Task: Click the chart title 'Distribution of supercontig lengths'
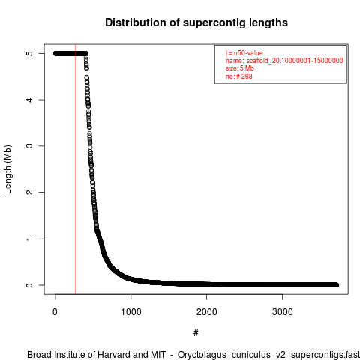point(196,22)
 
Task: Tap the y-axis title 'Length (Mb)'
point(7,169)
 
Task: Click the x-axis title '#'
point(196,333)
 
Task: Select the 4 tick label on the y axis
point(30,100)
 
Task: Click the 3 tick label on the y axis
point(30,146)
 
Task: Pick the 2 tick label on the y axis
point(30,192)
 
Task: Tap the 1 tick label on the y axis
point(30,238)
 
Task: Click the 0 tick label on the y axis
point(30,285)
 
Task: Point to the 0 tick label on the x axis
point(55,312)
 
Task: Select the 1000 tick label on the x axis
point(131,312)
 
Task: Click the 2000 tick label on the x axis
point(207,312)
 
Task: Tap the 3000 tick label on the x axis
point(283,312)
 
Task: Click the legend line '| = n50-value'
point(244,53)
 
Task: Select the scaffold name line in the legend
point(284,61)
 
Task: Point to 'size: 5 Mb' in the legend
point(240,68)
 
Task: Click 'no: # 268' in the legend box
point(239,76)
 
